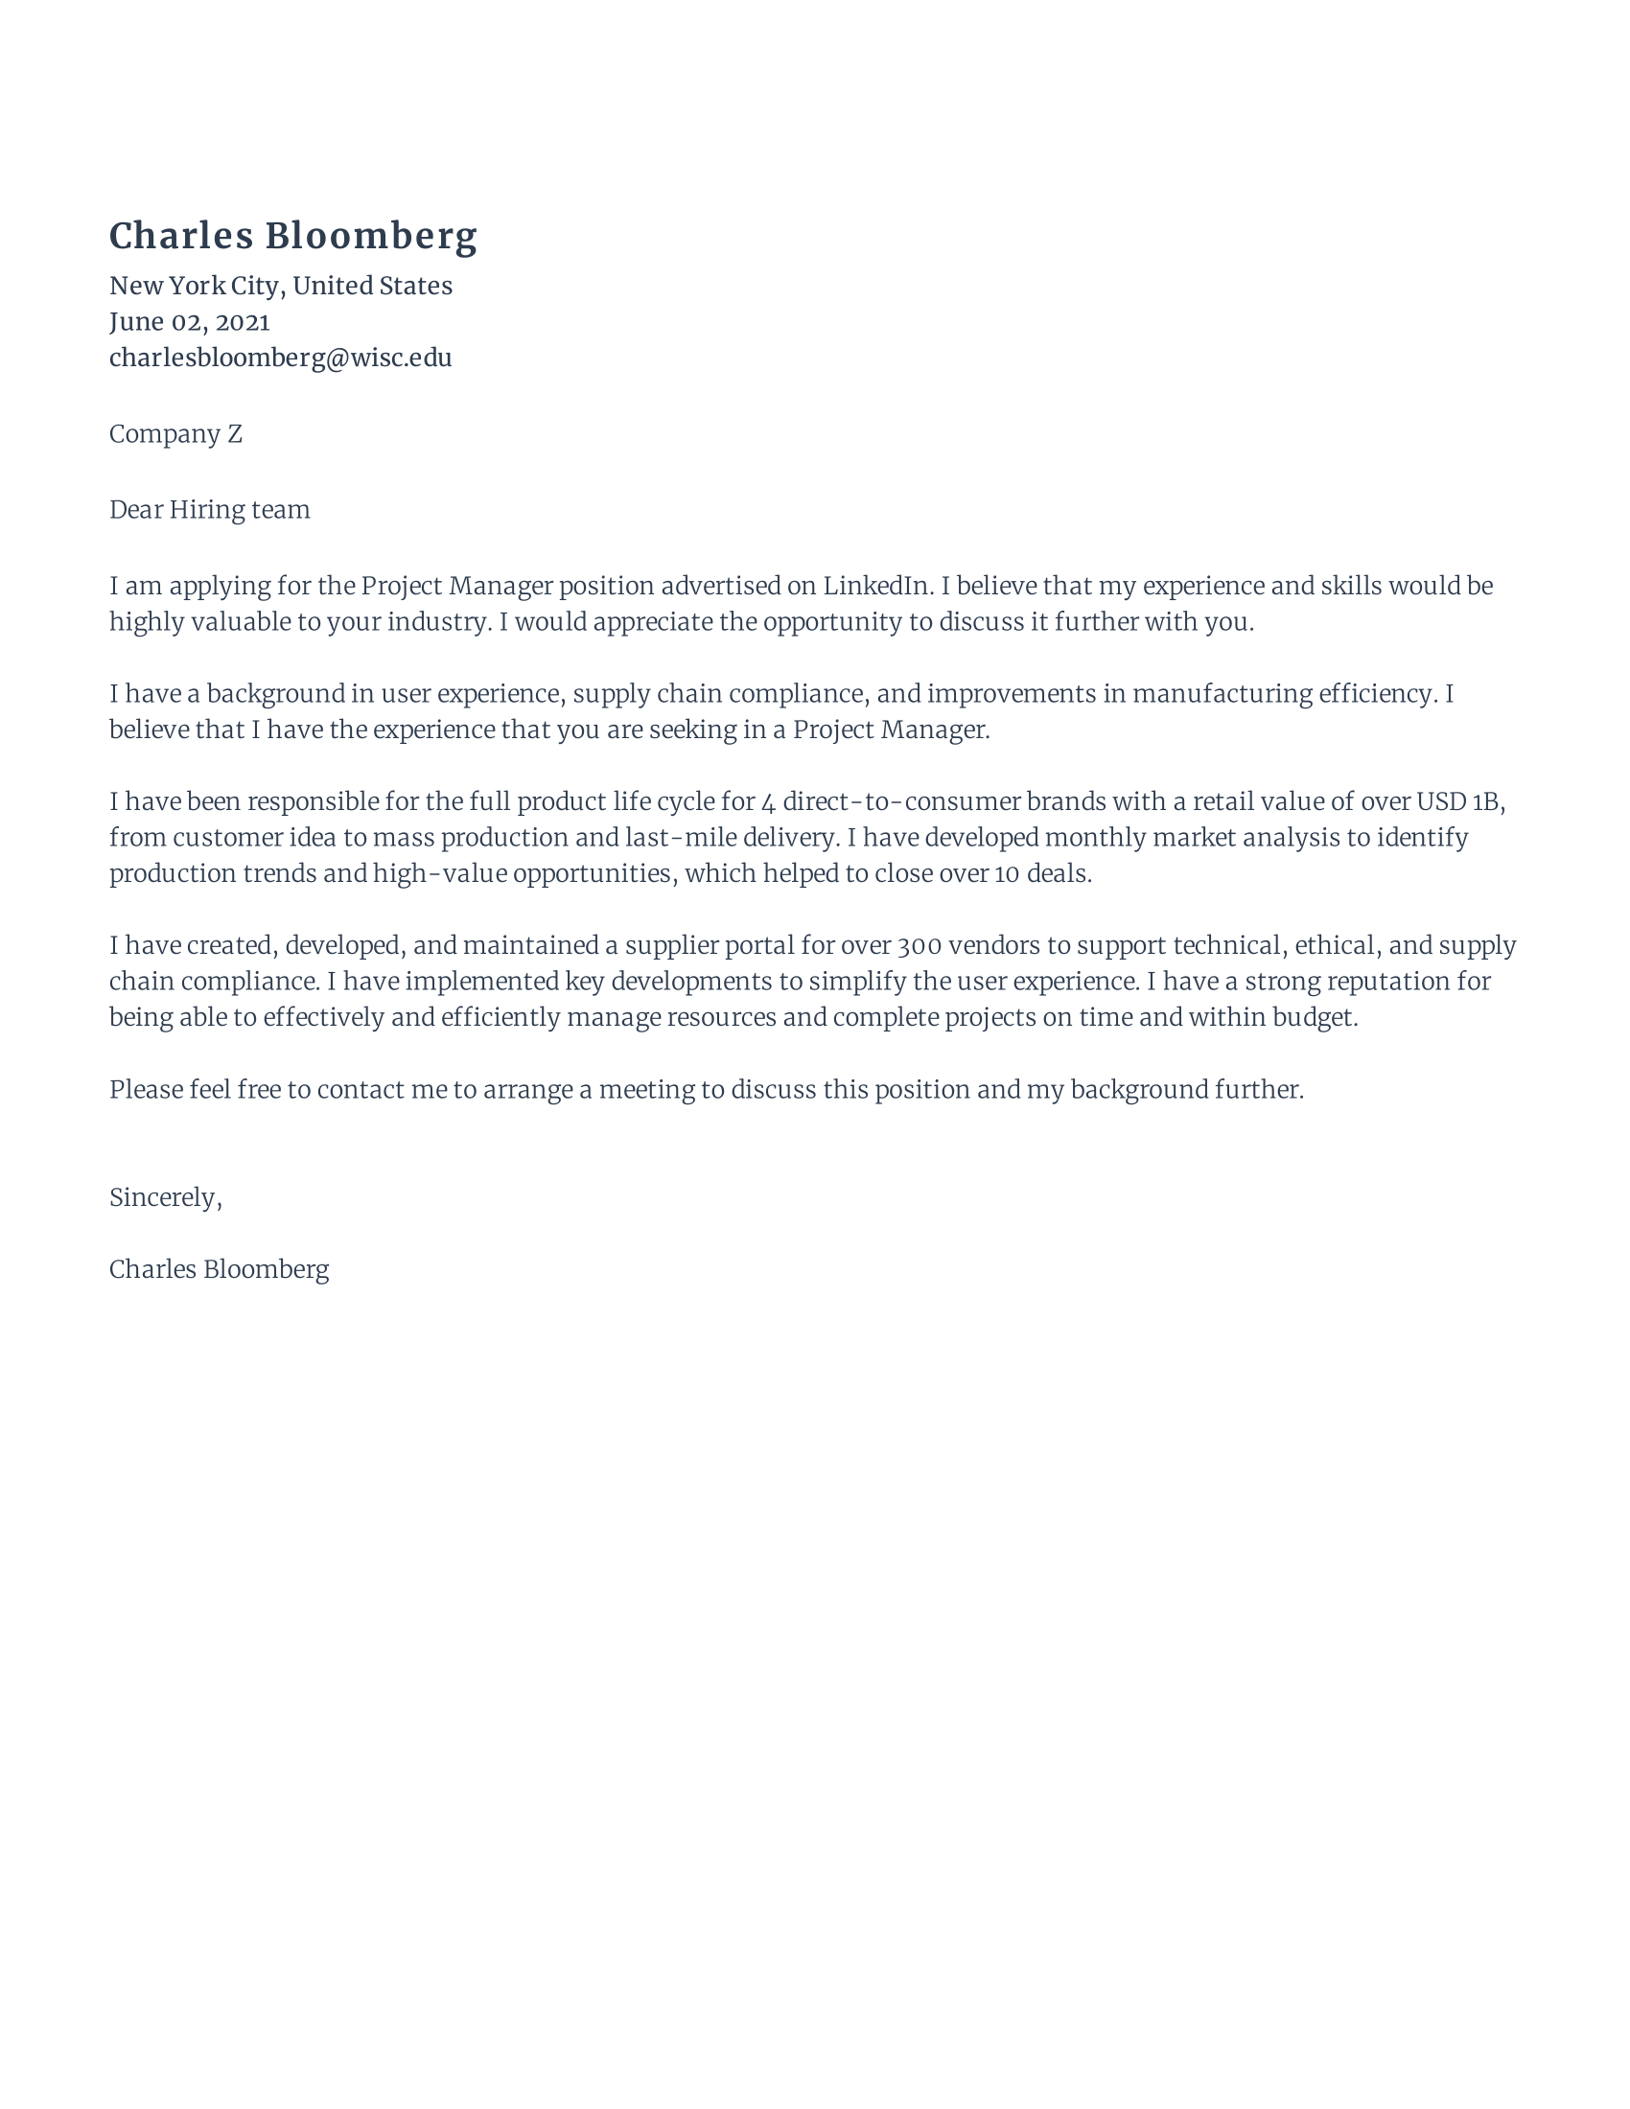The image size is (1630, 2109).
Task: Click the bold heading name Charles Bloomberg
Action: pyautogui.click(x=292, y=237)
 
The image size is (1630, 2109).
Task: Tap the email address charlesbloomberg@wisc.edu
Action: pyautogui.click(x=280, y=358)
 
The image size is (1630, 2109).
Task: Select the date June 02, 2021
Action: pyautogui.click(x=189, y=321)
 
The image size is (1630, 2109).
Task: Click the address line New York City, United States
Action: pyautogui.click(x=280, y=286)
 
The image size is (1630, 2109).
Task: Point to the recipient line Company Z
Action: pyautogui.click(x=175, y=433)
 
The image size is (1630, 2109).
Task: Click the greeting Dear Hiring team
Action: pyautogui.click(x=210, y=510)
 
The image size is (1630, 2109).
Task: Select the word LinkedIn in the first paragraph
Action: pyautogui.click(x=875, y=586)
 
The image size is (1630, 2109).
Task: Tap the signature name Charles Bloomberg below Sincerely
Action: pyautogui.click(x=219, y=1269)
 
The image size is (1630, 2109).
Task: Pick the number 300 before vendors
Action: pyautogui.click(x=924, y=945)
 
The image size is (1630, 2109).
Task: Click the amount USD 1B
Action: pyautogui.click(x=1458, y=801)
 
